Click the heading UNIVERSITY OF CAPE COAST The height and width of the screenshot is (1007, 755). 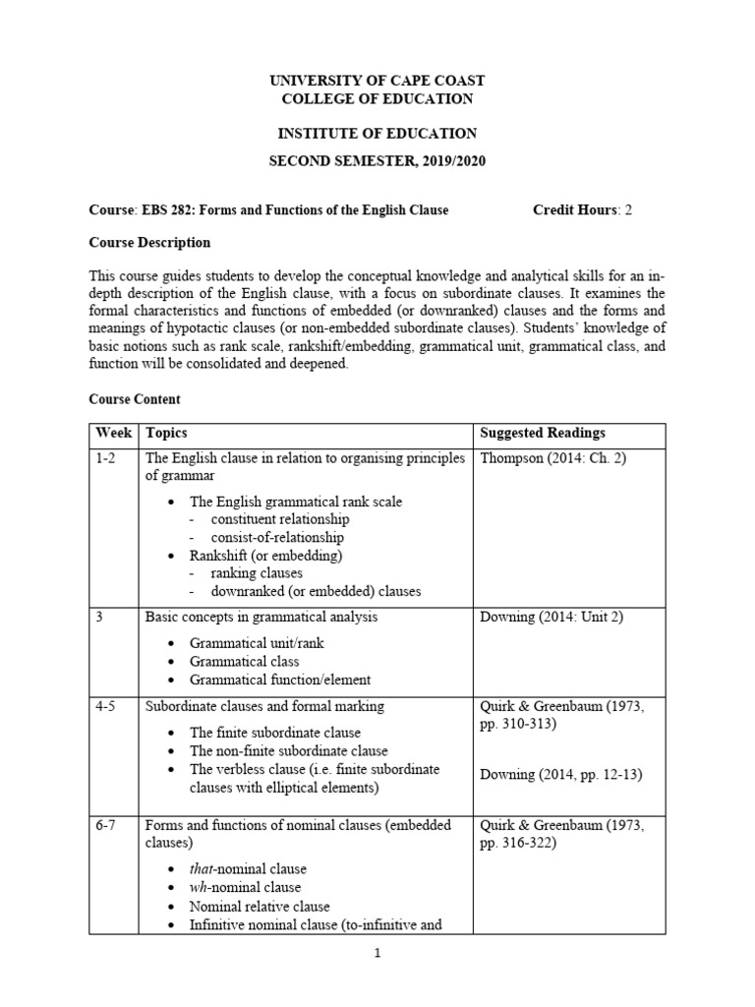click(377, 80)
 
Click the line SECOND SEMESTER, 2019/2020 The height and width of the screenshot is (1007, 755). click(377, 160)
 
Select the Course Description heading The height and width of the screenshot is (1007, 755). click(149, 243)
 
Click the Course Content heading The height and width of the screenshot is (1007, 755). click(135, 399)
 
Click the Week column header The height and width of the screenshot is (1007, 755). click(113, 433)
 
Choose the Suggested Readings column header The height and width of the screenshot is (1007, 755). click(542, 433)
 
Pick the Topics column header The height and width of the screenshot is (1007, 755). click(166, 433)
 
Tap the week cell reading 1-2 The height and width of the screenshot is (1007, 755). click(105, 459)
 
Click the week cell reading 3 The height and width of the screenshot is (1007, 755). click(99, 617)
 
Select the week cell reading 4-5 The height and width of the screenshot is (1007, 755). click(105, 706)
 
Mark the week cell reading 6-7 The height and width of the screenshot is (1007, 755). click(105, 826)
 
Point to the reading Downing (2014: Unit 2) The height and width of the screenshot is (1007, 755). click(552, 617)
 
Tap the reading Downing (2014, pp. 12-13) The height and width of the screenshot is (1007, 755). click(560, 774)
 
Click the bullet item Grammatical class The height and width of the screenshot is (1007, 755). click(244, 661)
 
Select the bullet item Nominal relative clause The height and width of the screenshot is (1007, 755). click(260, 906)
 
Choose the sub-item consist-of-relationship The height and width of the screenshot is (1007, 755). click(277, 538)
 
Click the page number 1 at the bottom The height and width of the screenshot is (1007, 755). click(377, 954)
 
